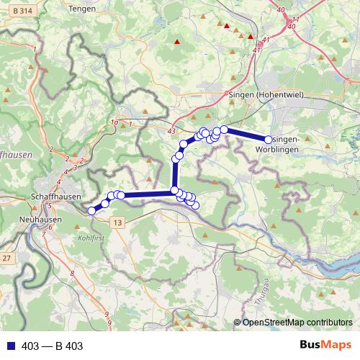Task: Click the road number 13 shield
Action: tap(118, 223)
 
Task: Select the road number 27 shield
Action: tap(6, 258)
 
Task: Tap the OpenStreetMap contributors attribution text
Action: tap(297, 323)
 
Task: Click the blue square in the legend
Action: tap(9, 346)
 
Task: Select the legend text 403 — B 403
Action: tap(53, 346)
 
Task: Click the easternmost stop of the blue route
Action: tap(269, 140)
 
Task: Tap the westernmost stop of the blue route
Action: tap(91, 211)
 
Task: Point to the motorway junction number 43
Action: tap(171, 131)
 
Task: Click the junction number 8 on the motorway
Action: tap(73, 274)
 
